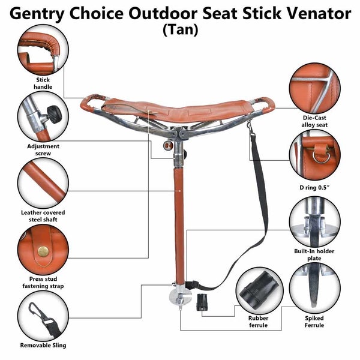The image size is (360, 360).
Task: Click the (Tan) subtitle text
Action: click(x=180, y=31)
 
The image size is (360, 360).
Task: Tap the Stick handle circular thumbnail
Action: click(x=42, y=53)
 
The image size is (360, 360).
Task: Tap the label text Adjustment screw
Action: click(x=43, y=149)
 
